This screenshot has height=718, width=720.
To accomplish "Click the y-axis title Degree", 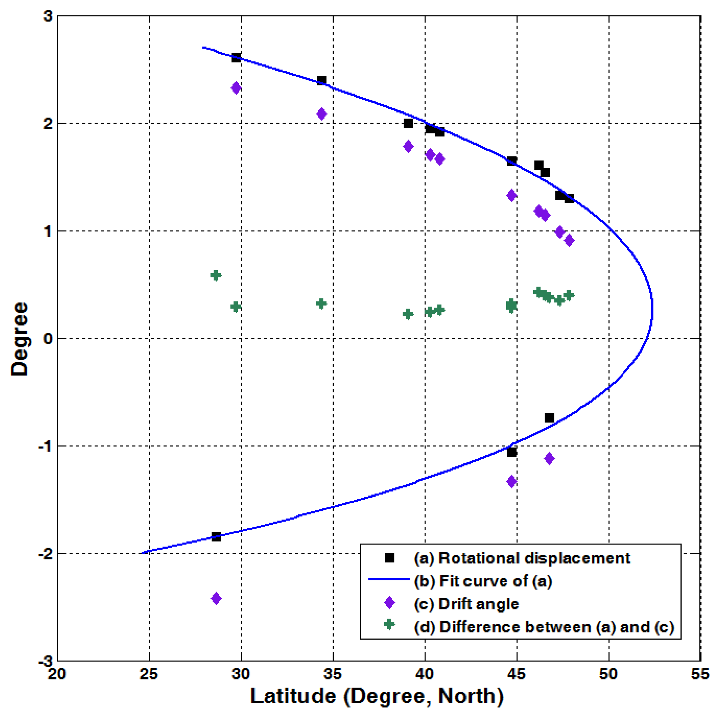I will click(19, 339).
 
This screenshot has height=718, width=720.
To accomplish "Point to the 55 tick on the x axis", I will click(699, 674).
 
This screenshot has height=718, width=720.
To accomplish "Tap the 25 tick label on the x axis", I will click(149, 674).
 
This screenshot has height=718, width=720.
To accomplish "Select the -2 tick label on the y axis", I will click(45, 554).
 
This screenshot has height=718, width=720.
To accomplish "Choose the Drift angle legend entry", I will click(479, 604).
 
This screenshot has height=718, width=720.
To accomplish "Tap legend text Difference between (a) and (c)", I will click(544, 627).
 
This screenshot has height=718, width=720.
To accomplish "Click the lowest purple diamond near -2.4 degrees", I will click(216, 598).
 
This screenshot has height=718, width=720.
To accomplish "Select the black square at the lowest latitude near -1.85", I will click(216, 537).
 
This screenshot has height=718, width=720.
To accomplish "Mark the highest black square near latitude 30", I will click(236, 58).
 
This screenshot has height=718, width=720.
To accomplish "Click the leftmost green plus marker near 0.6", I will click(216, 275).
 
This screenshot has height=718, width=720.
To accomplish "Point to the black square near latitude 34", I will click(322, 80).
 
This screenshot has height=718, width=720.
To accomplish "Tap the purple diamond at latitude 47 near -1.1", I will click(549, 458).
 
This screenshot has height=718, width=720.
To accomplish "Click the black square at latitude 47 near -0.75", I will click(549, 418).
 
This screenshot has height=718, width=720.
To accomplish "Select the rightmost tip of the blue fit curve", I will click(652, 309).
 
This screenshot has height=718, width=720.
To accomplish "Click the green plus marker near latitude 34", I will click(321, 304).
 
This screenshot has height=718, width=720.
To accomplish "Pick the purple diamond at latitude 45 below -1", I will click(512, 482).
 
